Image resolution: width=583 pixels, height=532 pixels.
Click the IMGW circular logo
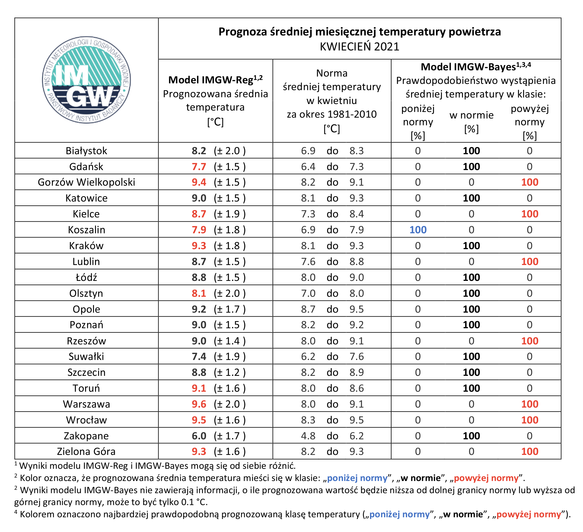point(87,80)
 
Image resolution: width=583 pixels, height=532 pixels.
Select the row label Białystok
point(86,151)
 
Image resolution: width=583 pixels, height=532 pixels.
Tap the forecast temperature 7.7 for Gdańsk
point(199,167)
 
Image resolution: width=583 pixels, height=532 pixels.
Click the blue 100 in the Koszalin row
point(418,230)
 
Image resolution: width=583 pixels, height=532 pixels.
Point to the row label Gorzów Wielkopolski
point(86,182)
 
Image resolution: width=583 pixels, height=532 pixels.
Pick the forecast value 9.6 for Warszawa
point(199,404)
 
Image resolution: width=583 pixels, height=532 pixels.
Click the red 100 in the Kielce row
point(530,214)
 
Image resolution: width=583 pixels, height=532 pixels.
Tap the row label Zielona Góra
point(86,452)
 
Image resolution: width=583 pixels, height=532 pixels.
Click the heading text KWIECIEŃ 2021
point(359,47)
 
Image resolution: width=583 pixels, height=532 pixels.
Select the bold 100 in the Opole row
point(472,309)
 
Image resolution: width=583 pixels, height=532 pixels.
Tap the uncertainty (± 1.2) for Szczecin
point(230,372)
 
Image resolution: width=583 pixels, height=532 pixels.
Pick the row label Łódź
point(86,277)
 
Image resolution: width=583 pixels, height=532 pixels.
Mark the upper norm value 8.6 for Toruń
point(357,388)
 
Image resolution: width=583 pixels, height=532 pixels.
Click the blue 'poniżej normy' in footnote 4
point(399,514)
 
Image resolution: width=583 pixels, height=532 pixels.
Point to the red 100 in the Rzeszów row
point(530,341)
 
